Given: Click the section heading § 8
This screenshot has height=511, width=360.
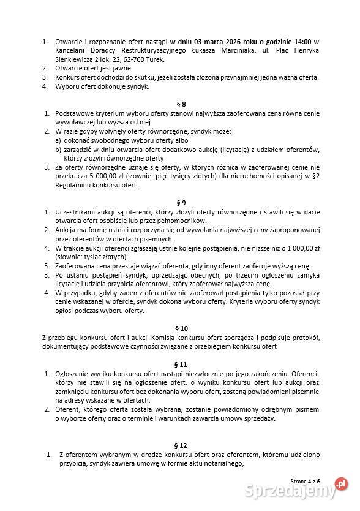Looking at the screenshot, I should coord(180,104).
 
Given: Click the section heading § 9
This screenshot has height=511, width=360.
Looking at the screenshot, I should coord(180,202).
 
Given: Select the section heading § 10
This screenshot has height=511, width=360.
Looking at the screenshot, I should coord(180,328).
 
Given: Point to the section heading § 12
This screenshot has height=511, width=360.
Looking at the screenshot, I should coord(180,445).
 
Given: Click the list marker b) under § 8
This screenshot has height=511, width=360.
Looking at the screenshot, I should coord(59,149).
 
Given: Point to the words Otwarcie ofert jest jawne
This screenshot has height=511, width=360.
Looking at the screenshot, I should coord(92,68).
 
